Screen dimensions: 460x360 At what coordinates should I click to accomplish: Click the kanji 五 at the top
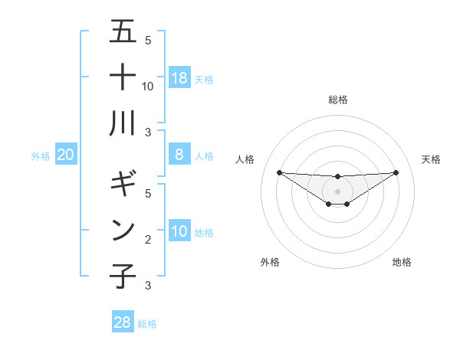(123, 32)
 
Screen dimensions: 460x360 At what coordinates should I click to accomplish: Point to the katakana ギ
(123, 185)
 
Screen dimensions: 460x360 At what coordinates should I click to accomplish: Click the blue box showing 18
(179, 78)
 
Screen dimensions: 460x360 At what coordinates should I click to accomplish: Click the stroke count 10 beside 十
(148, 87)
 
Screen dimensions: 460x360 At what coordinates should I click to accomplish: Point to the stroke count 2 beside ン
(148, 240)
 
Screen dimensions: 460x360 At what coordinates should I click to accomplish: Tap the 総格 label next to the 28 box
(147, 324)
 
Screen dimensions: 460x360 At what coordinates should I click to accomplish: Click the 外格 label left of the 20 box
(41, 156)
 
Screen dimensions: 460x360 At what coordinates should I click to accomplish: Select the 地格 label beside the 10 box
(205, 233)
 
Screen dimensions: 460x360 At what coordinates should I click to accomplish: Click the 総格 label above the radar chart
(337, 100)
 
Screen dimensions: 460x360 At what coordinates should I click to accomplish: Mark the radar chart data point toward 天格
(396, 172)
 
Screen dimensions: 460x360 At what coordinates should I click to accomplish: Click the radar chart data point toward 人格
(279, 172)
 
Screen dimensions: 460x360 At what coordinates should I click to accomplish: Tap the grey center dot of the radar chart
(337, 191)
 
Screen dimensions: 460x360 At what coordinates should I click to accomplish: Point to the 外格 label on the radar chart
(270, 262)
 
